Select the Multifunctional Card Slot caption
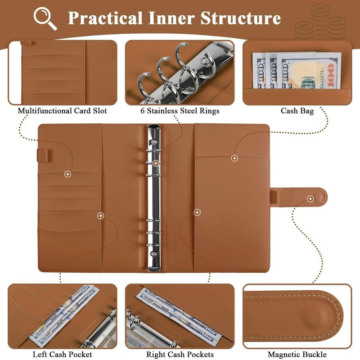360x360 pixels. click(62, 111)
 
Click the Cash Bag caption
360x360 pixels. click(297, 111)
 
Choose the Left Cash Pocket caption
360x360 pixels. click(62, 355)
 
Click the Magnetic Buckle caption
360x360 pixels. click(297, 355)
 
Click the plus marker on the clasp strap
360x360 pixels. click(310, 198)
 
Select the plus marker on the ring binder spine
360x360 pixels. click(155, 163)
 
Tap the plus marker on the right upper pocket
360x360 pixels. click(234, 157)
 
